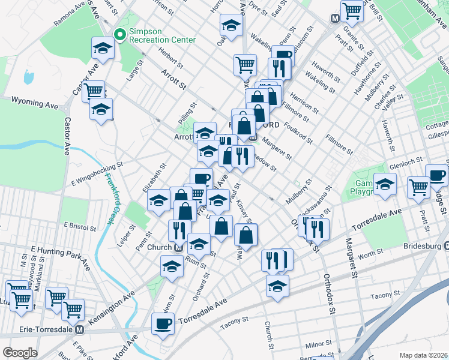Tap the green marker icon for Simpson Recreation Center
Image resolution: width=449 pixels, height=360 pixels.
(119, 35)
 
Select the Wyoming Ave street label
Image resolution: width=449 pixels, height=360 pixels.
(35, 104)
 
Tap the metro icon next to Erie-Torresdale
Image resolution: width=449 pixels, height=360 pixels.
(79, 329)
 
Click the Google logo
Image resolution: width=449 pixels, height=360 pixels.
(20, 352)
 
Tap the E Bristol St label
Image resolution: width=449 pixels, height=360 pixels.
(80, 227)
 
